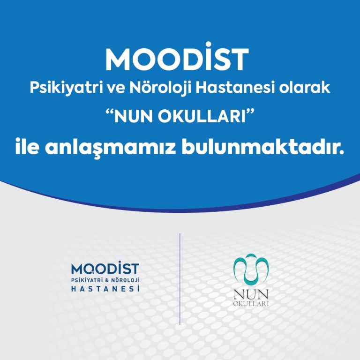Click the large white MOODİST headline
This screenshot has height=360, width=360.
pyautogui.click(x=177, y=56)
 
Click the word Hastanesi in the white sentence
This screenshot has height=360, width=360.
pyautogui.click(x=235, y=88)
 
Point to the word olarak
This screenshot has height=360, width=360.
pyautogui.click(x=304, y=88)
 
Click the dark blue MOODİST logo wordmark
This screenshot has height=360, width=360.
pyautogui.click(x=105, y=269)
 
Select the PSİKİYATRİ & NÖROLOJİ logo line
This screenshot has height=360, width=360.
pyautogui.click(x=105, y=280)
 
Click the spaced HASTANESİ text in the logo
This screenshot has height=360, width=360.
pyautogui.click(x=105, y=289)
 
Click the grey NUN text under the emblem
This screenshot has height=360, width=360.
pyautogui.click(x=251, y=294)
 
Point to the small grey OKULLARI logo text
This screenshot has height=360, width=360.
pyautogui.click(x=251, y=304)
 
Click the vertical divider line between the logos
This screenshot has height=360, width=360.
pyautogui.click(x=180, y=279)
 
